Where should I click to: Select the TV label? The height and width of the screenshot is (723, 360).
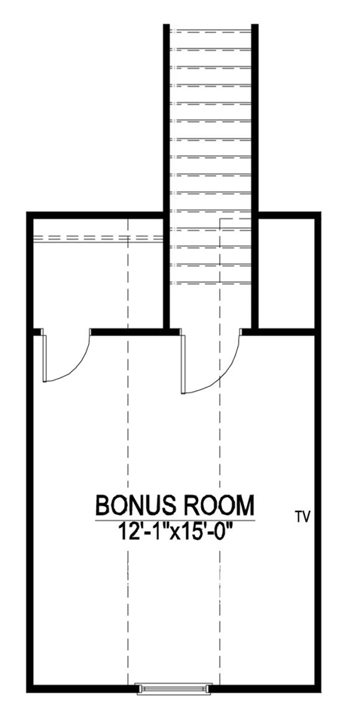click(303, 517)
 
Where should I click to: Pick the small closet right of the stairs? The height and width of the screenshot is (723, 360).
click(286, 271)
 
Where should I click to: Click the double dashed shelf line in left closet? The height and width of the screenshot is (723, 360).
click(98, 238)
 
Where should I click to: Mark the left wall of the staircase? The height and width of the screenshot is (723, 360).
click(168, 173)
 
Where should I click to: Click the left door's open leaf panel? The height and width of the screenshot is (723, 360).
click(45, 357)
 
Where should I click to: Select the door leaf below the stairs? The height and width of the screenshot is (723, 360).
click(183, 362)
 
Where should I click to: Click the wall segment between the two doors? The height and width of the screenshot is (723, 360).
click(136, 331)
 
